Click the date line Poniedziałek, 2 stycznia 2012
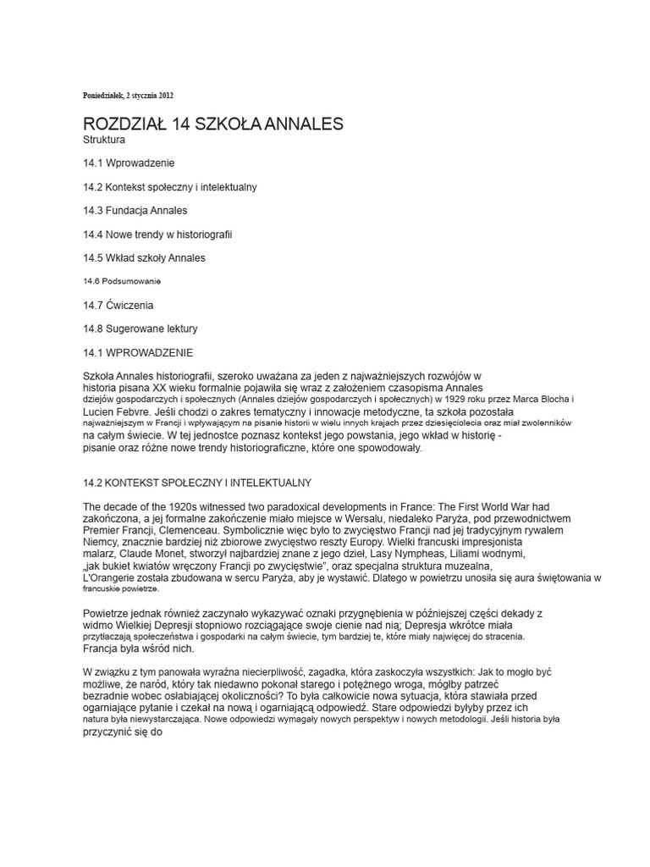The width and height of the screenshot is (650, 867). pyautogui.click(x=128, y=95)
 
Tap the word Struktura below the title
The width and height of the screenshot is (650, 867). pyautogui.click(x=104, y=139)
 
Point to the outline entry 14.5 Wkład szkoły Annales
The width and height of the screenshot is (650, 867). pyautogui.click(x=144, y=257)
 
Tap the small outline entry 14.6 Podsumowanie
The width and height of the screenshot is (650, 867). pyautogui.click(x=122, y=280)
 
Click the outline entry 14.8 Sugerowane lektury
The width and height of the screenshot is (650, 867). pyautogui.click(x=140, y=328)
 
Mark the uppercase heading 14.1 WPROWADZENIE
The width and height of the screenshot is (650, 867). pyautogui.click(x=139, y=351)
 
